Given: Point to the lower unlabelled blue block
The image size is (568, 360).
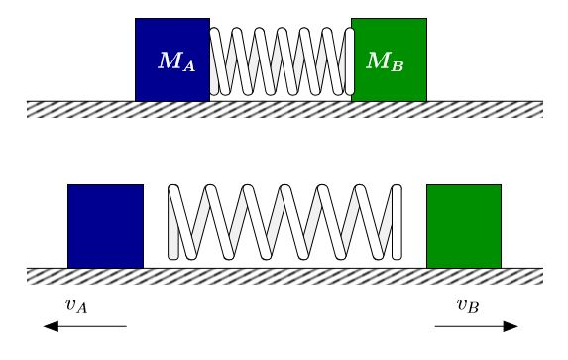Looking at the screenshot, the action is [105, 226].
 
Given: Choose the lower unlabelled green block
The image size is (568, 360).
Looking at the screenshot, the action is [464, 226].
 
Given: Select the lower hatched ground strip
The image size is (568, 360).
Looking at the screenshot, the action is [284, 276].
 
